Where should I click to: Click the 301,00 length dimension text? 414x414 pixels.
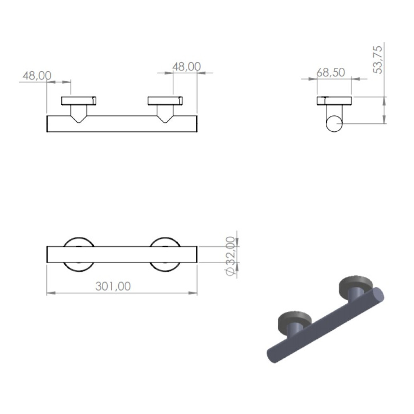(113, 286)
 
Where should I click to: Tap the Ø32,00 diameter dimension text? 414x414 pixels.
(230, 256)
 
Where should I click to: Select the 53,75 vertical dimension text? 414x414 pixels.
(378, 60)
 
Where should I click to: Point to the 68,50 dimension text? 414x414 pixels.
(330, 72)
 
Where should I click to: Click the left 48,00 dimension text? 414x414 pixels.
(37, 75)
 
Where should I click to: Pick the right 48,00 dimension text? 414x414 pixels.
(186, 67)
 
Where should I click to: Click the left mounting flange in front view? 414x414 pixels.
(79, 101)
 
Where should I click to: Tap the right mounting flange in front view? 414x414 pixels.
(165, 101)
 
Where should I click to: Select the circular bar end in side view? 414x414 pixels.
(334, 123)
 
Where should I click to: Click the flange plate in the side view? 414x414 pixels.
(334, 101)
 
